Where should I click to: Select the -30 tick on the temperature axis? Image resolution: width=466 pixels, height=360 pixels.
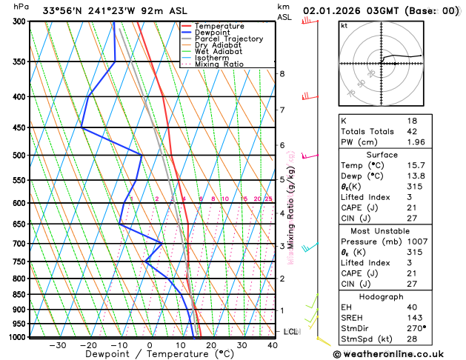(x=57, y=345)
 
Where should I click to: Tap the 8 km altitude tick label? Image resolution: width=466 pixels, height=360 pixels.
(x=282, y=74)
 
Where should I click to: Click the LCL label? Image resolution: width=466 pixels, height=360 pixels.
(x=290, y=332)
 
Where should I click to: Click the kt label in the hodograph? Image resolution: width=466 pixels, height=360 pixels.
(x=344, y=26)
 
